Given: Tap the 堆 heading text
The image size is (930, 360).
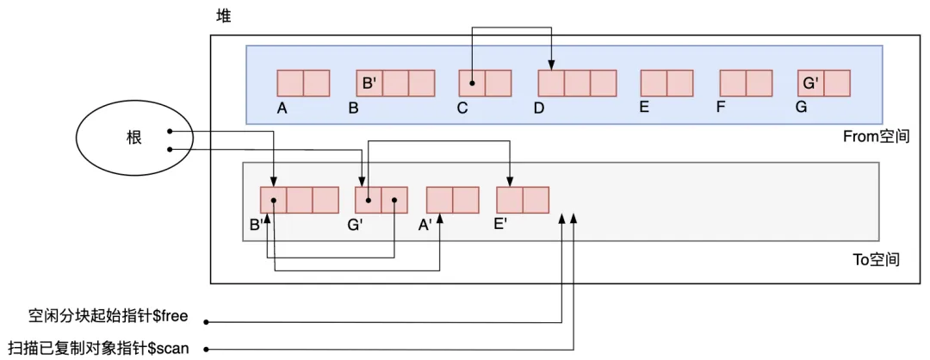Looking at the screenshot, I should (223, 16).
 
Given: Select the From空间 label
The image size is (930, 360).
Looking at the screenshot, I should (877, 136).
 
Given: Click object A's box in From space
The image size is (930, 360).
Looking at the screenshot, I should (303, 83).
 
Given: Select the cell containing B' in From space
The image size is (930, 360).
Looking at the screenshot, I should (369, 83).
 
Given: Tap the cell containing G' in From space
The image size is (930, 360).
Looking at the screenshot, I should (811, 83).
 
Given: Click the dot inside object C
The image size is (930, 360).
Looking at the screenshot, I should (472, 84).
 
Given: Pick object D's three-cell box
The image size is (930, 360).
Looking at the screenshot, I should (577, 83).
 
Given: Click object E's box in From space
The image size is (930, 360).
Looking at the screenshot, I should (666, 83).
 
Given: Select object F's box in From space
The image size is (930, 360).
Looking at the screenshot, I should (746, 83).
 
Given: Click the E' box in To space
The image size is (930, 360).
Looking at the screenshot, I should (523, 200).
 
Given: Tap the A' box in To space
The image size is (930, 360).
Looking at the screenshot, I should (452, 200).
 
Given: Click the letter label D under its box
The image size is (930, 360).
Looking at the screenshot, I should (539, 109).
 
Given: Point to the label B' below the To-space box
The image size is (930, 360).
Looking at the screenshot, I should (256, 226).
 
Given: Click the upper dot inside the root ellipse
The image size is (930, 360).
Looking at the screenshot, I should (170, 132).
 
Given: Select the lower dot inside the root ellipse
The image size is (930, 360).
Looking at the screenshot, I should (170, 149).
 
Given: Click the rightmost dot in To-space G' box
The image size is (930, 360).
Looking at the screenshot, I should (394, 201).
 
